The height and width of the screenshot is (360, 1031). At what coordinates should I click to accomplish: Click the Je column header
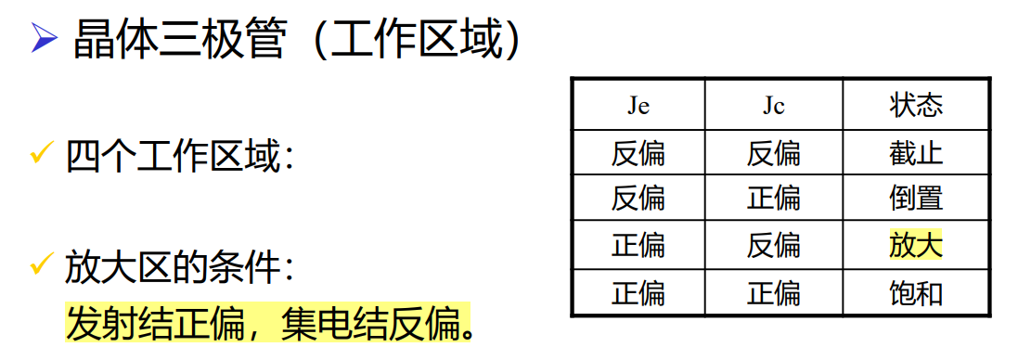pos(638,106)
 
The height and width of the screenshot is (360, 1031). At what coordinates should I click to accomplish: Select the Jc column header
pos(773,106)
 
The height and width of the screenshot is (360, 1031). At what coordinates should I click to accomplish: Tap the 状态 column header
pos(915,106)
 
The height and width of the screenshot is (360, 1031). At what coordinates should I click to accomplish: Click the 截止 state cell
pos(915,152)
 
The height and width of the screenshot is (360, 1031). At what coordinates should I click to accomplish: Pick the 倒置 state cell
pos(915,199)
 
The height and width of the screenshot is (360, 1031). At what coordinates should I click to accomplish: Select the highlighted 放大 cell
pos(915,246)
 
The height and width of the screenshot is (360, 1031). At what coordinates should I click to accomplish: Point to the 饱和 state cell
pos(915,293)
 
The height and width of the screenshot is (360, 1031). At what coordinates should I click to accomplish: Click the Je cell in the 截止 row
pos(638,152)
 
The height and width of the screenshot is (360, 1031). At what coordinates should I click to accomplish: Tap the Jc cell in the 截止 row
pos(773,152)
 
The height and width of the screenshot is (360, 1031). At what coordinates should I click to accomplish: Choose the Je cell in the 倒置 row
pos(638,199)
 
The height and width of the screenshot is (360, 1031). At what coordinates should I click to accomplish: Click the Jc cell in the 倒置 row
pos(773,199)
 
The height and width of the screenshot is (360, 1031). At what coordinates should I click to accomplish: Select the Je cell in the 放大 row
pos(638,246)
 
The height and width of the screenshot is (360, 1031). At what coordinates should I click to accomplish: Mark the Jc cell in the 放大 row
pos(773,246)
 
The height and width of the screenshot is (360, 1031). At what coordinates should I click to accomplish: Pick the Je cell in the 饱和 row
pos(638,293)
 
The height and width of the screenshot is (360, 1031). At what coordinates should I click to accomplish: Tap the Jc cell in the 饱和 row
pos(773,293)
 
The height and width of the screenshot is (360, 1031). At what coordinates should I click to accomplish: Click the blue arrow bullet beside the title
pos(44,41)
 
